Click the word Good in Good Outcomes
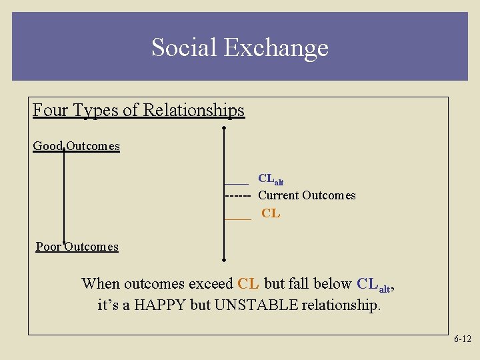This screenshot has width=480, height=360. (x=48, y=145)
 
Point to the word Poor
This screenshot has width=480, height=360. (x=49, y=247)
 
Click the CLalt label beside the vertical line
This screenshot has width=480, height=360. (x=271, y=179)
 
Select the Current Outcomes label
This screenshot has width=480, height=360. (x=307, y=195)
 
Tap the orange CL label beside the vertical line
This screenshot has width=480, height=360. (x=271, y=214)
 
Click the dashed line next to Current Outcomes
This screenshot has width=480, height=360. (x=238, y=196)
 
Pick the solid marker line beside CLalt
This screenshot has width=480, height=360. (x=236, y=183)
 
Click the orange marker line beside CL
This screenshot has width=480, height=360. (x=237, y=218)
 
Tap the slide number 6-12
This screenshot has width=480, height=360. (x=462, y=339)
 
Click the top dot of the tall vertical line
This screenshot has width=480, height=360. (x=224, y=129)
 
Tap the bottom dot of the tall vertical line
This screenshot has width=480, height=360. (x=224, y=261)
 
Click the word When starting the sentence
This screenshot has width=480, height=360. (x=101, y=283)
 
